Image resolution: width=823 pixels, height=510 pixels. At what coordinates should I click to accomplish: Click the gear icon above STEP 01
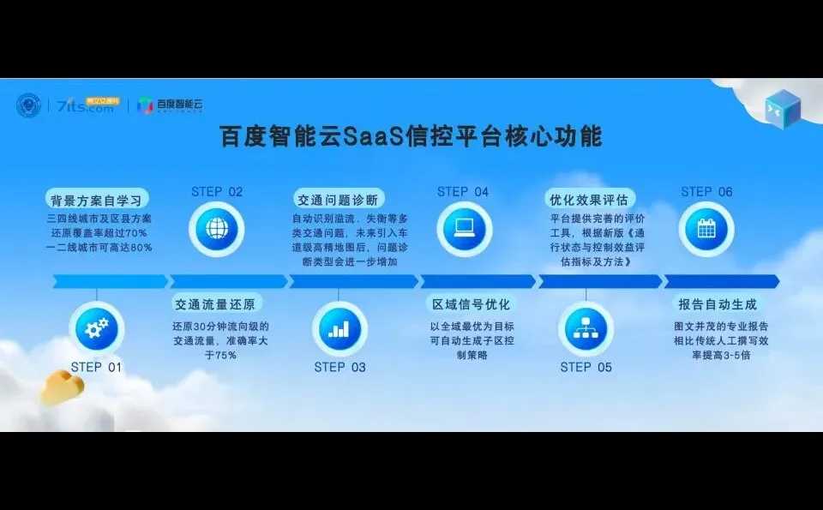pos(96,327)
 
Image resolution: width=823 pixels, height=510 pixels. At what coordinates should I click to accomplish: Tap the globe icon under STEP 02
pos(217,229)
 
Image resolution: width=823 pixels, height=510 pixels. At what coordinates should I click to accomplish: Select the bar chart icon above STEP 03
pos(339,327)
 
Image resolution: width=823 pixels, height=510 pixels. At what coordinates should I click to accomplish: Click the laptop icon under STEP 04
pos(463,229)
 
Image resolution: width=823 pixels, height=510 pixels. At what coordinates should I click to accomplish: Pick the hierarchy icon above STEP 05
pos(586,327)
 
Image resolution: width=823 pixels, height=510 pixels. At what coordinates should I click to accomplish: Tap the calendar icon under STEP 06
pos(706,229)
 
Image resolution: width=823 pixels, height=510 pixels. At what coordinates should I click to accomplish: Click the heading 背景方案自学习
pos(94,201)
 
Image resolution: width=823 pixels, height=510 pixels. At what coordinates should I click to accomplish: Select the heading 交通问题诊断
pos(336,200)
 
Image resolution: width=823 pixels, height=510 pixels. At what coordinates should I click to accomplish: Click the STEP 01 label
pos(96,367)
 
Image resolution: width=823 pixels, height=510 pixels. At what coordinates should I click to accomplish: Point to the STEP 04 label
pos(463,192)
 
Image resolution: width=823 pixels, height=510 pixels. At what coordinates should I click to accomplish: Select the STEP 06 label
pos(706,192)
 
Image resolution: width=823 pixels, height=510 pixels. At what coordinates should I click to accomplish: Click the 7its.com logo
pos(85,105)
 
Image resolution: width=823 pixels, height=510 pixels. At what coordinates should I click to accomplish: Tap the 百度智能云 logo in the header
pos(171,105)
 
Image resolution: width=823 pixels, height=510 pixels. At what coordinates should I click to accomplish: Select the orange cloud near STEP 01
pos(62,387)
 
